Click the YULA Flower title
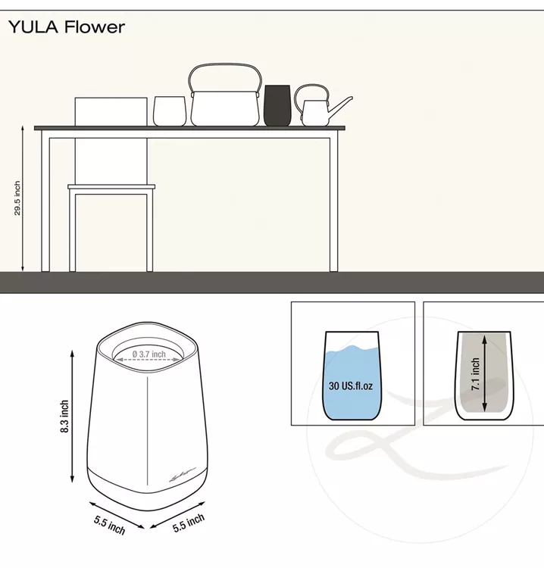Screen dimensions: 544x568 tap(67, 27)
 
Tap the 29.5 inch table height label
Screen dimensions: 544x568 tap(17, 198)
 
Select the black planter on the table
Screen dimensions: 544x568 tap(277, 105)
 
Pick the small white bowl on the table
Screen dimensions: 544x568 tap(170, 111)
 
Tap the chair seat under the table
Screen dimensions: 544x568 tap(111, 187)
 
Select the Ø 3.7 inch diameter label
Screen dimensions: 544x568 tap(149, 354)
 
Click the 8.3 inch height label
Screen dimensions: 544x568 tap(64, 417)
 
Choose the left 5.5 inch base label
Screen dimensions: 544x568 tap(109, 525)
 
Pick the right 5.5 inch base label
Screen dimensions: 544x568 tap(189, 523)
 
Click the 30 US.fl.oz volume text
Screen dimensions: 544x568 tap(351, 385)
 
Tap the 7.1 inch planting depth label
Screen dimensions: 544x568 tap(475, 374)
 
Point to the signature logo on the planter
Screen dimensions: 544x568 tap(183, 474)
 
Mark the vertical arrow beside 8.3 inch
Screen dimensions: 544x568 tap(72, 417)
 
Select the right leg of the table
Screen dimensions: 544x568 tap(334, 204)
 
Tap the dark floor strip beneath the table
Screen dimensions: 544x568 tap(272, 282)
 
